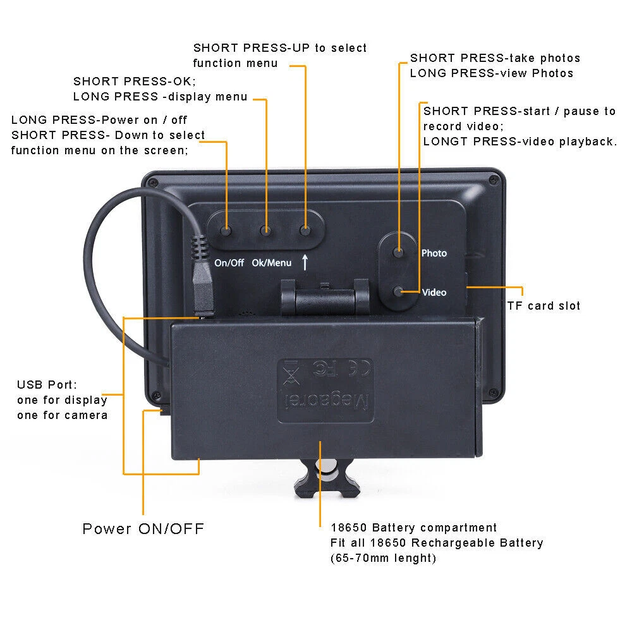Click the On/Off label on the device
[x=229, y=263]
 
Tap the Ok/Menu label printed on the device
[x=272, y=263]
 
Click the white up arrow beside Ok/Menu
[x=305, y=262]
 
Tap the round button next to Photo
[x=398, y=252]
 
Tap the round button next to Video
[x=398, y=291]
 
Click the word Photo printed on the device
[x=434, y=253]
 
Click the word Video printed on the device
[x=434, y=292]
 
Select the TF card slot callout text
[x=544, y=305]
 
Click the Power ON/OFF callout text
[x=143, y=528]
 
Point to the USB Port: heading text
[x=47, y=384]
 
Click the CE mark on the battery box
[x=358, y=368]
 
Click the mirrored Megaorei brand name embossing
[x=327, y=401]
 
